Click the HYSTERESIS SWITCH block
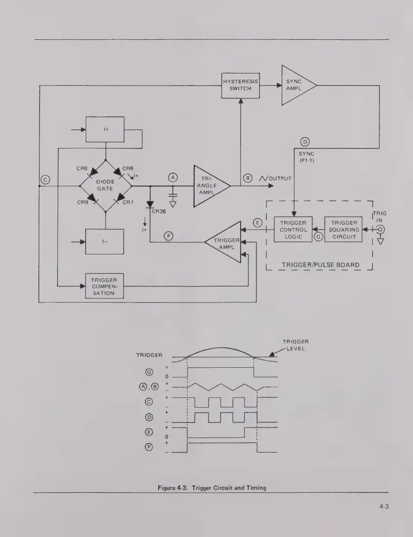240,85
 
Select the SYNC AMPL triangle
295,85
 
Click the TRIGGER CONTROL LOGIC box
293,230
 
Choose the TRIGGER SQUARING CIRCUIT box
343,230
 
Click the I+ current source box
105,129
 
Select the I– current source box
105,241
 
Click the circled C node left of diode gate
45,179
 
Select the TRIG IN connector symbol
381,230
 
